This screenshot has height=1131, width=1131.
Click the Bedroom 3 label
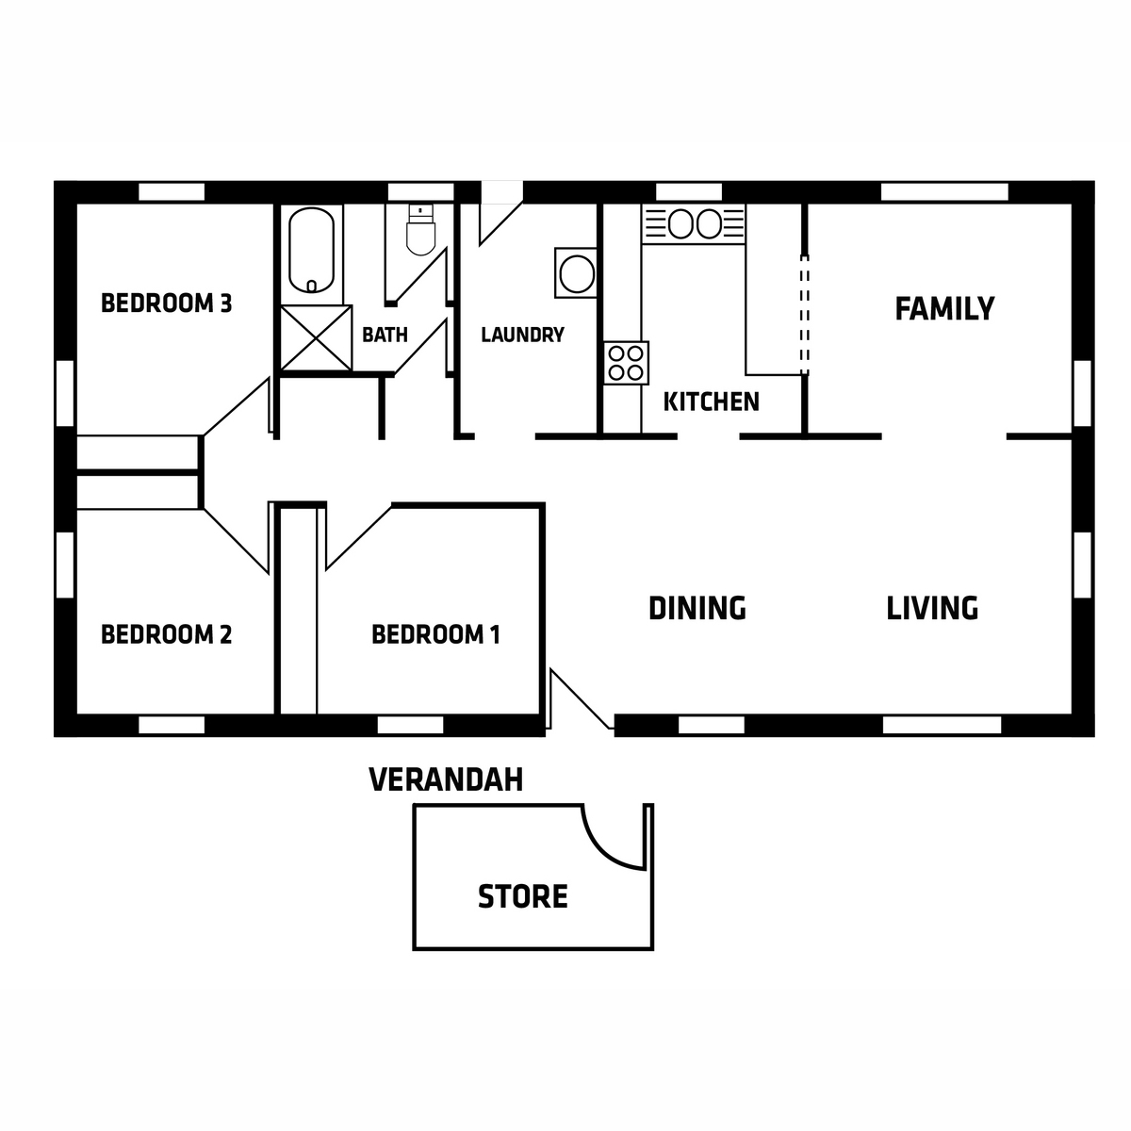[166, 303]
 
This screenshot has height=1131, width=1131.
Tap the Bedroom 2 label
[166, 634]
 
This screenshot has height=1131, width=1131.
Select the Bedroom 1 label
[435, 634]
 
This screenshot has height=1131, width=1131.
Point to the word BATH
[385, 335]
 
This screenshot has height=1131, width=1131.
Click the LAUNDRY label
[522, 335]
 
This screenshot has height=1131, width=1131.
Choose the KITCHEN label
[711, 402]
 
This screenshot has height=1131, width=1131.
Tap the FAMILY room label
[944, 309]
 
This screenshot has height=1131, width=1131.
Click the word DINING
[697, 608]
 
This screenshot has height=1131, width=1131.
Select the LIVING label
[932, 608]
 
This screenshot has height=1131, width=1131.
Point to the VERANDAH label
[446, 780]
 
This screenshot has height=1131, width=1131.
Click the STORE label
[522, 896]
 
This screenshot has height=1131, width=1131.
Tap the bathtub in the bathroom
[312, 250]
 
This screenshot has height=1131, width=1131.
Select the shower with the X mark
[317, 338]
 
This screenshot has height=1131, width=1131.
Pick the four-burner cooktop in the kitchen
[626, 363]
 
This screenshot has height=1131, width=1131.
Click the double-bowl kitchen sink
[694, 223]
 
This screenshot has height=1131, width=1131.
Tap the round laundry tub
[576, 273]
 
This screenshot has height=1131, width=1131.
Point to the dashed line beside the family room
[805, 315]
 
